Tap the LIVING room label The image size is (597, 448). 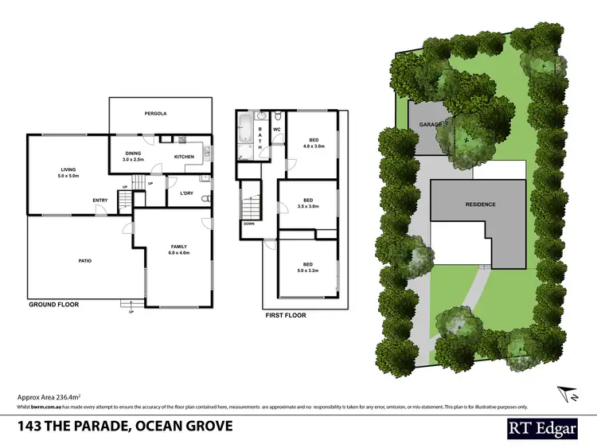pos(68,169)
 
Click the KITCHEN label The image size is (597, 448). pos(184,157)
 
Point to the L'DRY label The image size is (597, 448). pos(187,193)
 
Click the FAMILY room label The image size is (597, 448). pos(178,247)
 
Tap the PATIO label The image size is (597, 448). pos(84,260)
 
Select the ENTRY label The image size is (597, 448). pos(100,200)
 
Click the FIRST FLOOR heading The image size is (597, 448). pos(286,315)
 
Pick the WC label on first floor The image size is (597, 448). pos(277,129)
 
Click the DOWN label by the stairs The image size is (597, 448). pos(249,224)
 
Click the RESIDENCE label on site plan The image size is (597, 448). pos(480,205)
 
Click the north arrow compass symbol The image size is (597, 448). pos(564,392)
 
